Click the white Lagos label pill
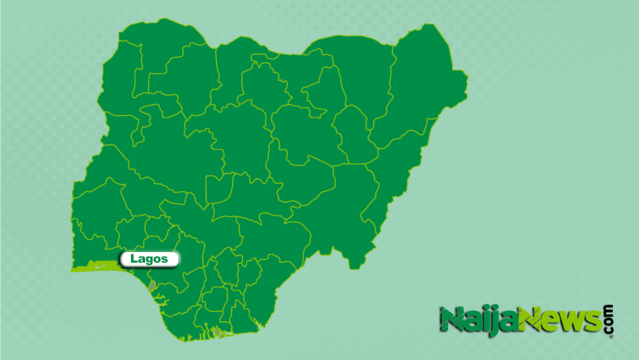pyautogui.click(x=149, y=259)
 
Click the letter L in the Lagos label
pyautogui.click(x=132, y=259)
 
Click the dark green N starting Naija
pyautogui.click(x=452, y=321)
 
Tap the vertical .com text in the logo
pyautogui.click(x=607, y=319)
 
